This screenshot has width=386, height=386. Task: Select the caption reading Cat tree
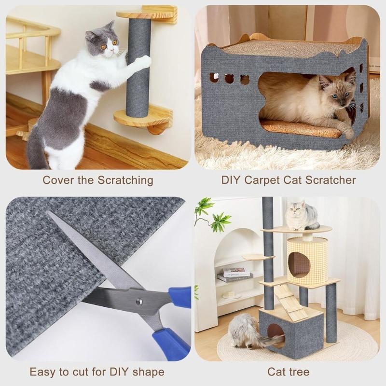click(289, 372)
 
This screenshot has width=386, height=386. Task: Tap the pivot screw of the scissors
click(138, 302)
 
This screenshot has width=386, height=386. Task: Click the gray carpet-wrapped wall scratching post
click(138, 72)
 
